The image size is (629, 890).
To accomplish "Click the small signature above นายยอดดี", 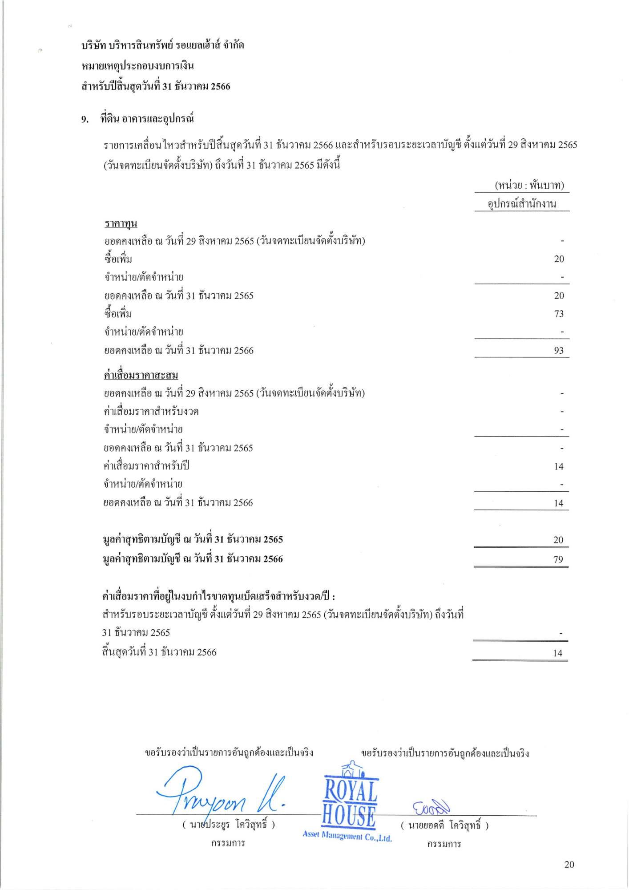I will tap(431, 806).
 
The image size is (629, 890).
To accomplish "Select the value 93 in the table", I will tap(559, 351).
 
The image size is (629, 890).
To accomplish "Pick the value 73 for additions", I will tap(559, 314).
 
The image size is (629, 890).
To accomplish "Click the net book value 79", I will tap(558, 560).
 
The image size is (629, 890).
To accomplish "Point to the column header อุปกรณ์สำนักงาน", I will tap(522, 204).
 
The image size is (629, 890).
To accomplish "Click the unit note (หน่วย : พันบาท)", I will tap(529, 185).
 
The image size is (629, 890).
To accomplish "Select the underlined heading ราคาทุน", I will tap(121, 223).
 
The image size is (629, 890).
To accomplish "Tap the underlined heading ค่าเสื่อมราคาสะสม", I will tap(141, 375).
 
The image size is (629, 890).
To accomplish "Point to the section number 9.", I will tap(85, 119).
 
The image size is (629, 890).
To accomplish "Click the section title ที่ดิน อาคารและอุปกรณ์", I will tap(147, 119).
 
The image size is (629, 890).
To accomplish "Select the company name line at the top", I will tap(162, 45).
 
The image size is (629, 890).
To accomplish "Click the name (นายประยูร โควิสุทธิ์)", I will tap(228, 825).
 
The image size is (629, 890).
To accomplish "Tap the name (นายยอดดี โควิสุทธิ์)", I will tap(444, 825).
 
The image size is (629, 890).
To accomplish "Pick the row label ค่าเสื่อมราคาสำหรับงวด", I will tap(151, 412).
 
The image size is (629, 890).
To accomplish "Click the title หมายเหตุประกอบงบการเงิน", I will tap(137, 66).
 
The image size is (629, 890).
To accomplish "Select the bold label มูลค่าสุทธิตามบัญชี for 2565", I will tap(193, 539).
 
